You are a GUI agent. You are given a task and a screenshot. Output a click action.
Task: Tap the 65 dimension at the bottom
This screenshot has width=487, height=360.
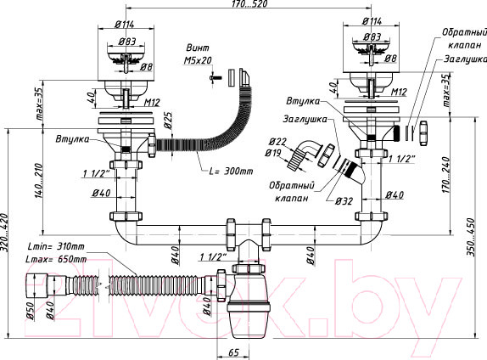point(233,352)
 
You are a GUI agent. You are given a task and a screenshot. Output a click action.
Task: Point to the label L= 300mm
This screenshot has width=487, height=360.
point(231,171)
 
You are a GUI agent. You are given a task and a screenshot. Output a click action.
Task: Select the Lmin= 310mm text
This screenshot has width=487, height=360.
point(56,246)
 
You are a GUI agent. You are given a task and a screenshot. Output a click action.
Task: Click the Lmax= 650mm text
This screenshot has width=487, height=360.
point(57,259)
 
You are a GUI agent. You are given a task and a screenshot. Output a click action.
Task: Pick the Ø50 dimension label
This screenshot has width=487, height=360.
point(31,310)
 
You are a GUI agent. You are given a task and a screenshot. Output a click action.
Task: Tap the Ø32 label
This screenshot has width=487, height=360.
point(344,201)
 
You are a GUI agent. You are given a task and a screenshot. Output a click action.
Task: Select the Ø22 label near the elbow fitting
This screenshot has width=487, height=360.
point(277,142)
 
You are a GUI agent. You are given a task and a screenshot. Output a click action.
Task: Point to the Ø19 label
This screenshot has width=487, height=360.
point(273,153)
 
